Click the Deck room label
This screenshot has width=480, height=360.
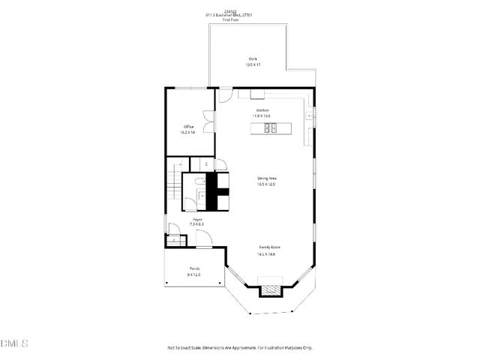[253, 59]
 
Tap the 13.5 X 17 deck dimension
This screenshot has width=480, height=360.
[253, 65]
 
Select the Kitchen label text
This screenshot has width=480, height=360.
[262, 110]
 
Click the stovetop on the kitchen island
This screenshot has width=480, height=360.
[271, 128]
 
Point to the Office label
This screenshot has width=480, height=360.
[189, 127]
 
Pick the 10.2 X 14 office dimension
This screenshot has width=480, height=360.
[189, 133]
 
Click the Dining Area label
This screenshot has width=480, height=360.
[267, 178]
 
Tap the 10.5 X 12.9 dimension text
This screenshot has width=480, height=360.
[267, 184]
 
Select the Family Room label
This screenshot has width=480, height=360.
[270, 247]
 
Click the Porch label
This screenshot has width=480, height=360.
[194, 268]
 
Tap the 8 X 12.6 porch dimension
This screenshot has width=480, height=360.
[194, 274]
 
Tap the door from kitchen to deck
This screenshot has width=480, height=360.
[226, 95]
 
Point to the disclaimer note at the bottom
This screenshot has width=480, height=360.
[240, 348]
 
